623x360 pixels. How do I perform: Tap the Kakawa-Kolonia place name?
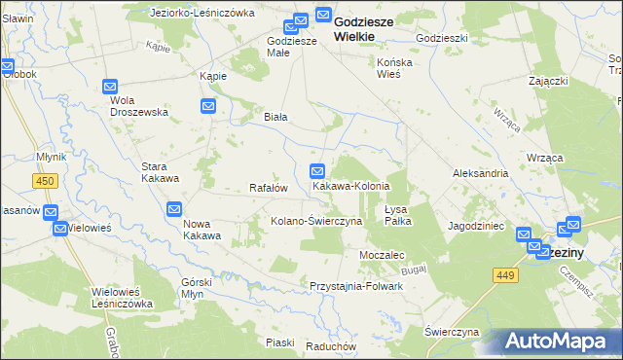[x=350, y=186]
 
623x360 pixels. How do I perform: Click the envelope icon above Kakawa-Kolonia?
[x=317, y=170]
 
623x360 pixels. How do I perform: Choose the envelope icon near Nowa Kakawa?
[x=174, y=208]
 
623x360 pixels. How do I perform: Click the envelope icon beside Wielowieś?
[x=59, y=229]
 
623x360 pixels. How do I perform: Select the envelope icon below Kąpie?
[x=208, y=106]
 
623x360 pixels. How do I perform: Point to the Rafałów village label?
[x=268, y=188]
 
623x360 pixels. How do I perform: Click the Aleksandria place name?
[x=480, y=173]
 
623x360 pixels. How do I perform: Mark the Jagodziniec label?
[x=476, y=225]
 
